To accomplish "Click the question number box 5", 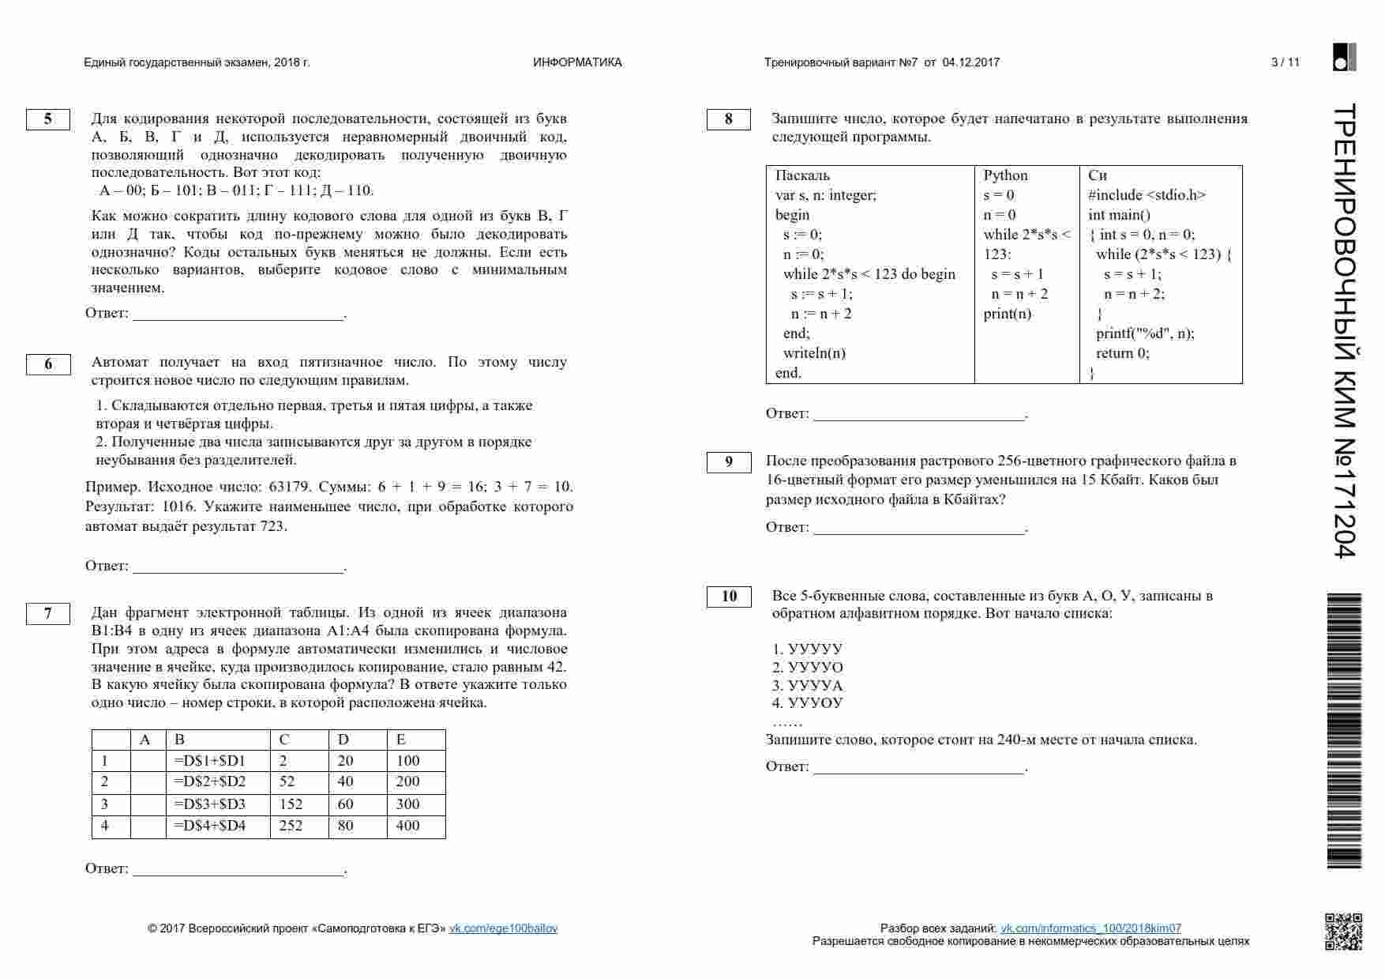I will point(48,119).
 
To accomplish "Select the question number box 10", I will point(729,597).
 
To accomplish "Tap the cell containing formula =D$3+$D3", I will point(210,804).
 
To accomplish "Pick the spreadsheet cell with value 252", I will point(291,827).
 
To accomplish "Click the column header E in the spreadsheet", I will point(401,740).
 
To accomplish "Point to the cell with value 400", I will point(408,827).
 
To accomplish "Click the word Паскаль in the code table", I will point(802,175).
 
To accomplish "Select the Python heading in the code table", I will point(1005,175).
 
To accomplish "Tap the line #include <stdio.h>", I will point(1147,195).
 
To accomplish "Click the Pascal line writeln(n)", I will point(814,353).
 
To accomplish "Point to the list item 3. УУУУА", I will point(808,686).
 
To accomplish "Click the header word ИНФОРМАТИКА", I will point(577,62).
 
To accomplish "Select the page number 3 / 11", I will point(1286,62).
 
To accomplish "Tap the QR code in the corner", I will point(1342,931).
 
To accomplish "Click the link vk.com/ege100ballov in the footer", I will point(503,928).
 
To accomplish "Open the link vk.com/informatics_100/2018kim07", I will point(1090,928).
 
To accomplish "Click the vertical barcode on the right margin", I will point(1344,731).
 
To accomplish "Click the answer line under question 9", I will point(919,528).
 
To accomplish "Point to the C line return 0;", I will point(1122,353).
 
